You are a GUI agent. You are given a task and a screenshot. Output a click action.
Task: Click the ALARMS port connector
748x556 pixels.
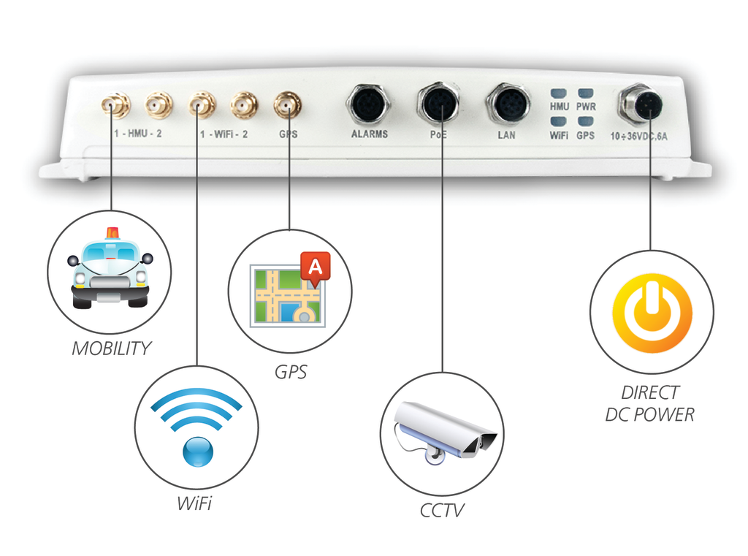coord(368,104)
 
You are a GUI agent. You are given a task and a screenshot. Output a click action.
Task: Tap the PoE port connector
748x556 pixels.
coord(440,103)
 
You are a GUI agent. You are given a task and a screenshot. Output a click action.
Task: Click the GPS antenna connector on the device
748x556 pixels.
coord(287,105)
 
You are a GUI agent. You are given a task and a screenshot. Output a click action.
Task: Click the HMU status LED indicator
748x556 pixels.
coord(560,94)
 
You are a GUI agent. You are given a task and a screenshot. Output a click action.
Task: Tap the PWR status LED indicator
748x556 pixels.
coord(586,94)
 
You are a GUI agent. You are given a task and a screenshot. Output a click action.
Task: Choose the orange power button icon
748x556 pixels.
coord(652,311)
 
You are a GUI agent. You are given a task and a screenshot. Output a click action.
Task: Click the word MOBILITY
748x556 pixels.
coord(110,349)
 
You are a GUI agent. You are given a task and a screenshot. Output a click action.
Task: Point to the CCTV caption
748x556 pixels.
coord(442,510)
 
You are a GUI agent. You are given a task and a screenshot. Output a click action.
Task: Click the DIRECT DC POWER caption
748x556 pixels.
coord(650,403)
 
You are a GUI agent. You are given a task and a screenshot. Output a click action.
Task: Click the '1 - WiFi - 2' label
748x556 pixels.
coord(224,134)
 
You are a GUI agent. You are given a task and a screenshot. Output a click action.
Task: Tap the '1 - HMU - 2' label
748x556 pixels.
coord(138,134)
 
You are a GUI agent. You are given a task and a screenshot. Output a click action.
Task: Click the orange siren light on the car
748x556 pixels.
coord(112,233)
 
